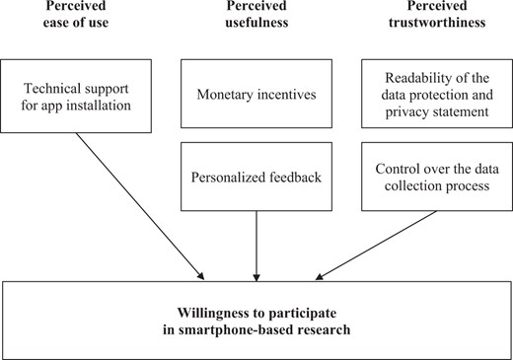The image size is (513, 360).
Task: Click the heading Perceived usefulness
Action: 256,19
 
